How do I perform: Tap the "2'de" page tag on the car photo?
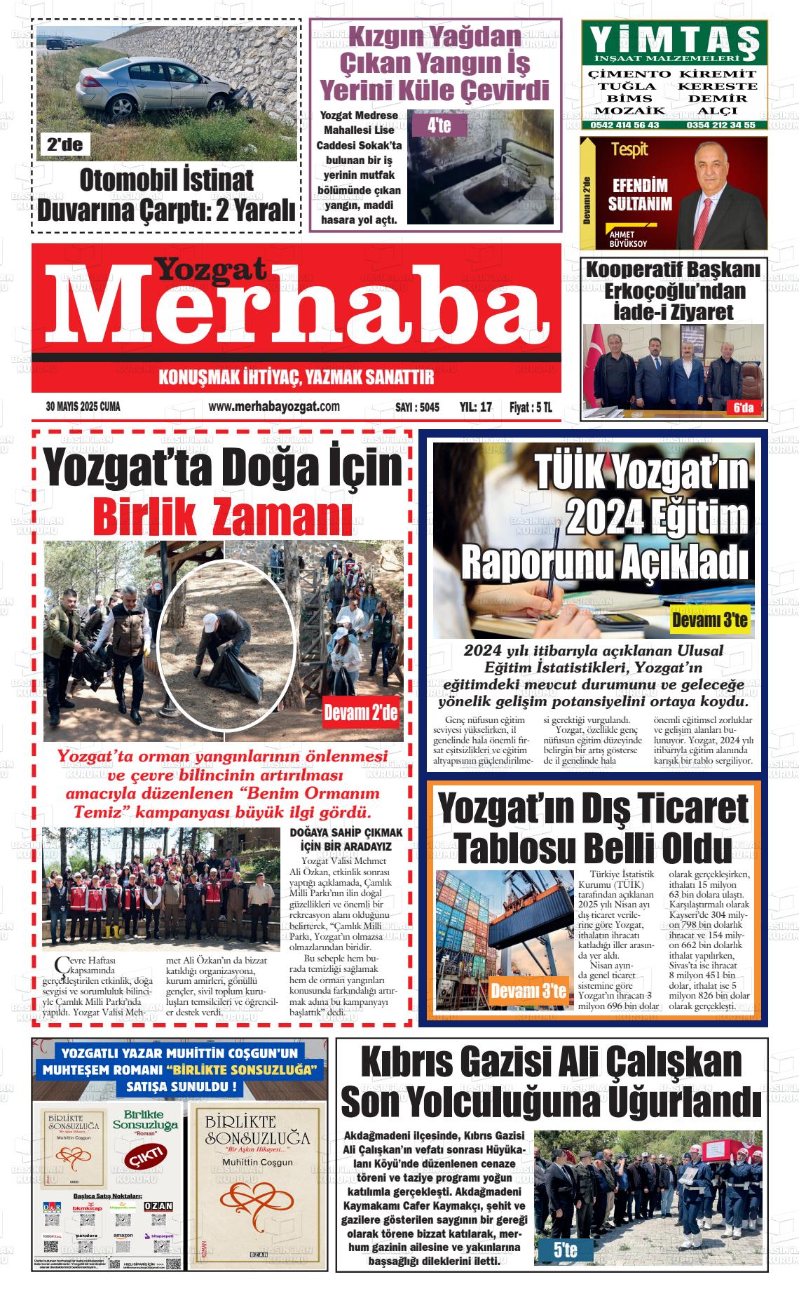[x=65, y=145]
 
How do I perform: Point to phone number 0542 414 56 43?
[x=625, y=125]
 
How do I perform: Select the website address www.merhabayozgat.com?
[x=274, y=407]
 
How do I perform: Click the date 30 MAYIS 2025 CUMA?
[x=83, y=407]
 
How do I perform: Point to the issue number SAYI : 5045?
[x=417, y=407]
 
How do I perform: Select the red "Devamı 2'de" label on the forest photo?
[x=360, y=714]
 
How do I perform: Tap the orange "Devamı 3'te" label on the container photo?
[x=528, y=991]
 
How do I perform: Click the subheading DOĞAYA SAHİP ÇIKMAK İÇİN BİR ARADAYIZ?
[x=346, y=839]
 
